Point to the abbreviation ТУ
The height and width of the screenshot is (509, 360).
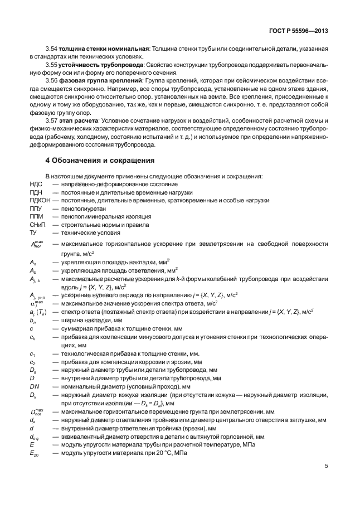tap(33, 231)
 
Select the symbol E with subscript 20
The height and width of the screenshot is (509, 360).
tap(35, 453)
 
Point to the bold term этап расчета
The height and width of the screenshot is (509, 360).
tap(79, 120)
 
